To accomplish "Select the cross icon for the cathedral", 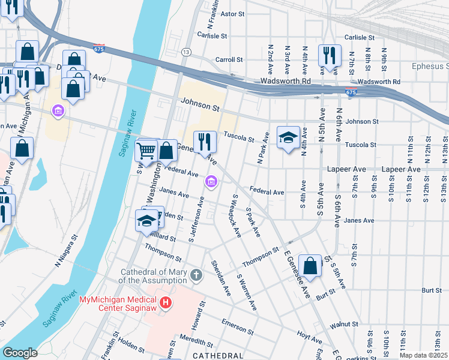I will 196,276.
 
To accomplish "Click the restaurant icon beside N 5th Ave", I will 329,55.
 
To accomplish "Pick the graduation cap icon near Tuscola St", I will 288,137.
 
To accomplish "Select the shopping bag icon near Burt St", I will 309,266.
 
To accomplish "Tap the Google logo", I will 20,353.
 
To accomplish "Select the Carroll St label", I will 229,60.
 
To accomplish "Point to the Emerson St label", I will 237,328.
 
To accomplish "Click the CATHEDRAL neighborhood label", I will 217,356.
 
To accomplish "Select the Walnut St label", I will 348,324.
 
